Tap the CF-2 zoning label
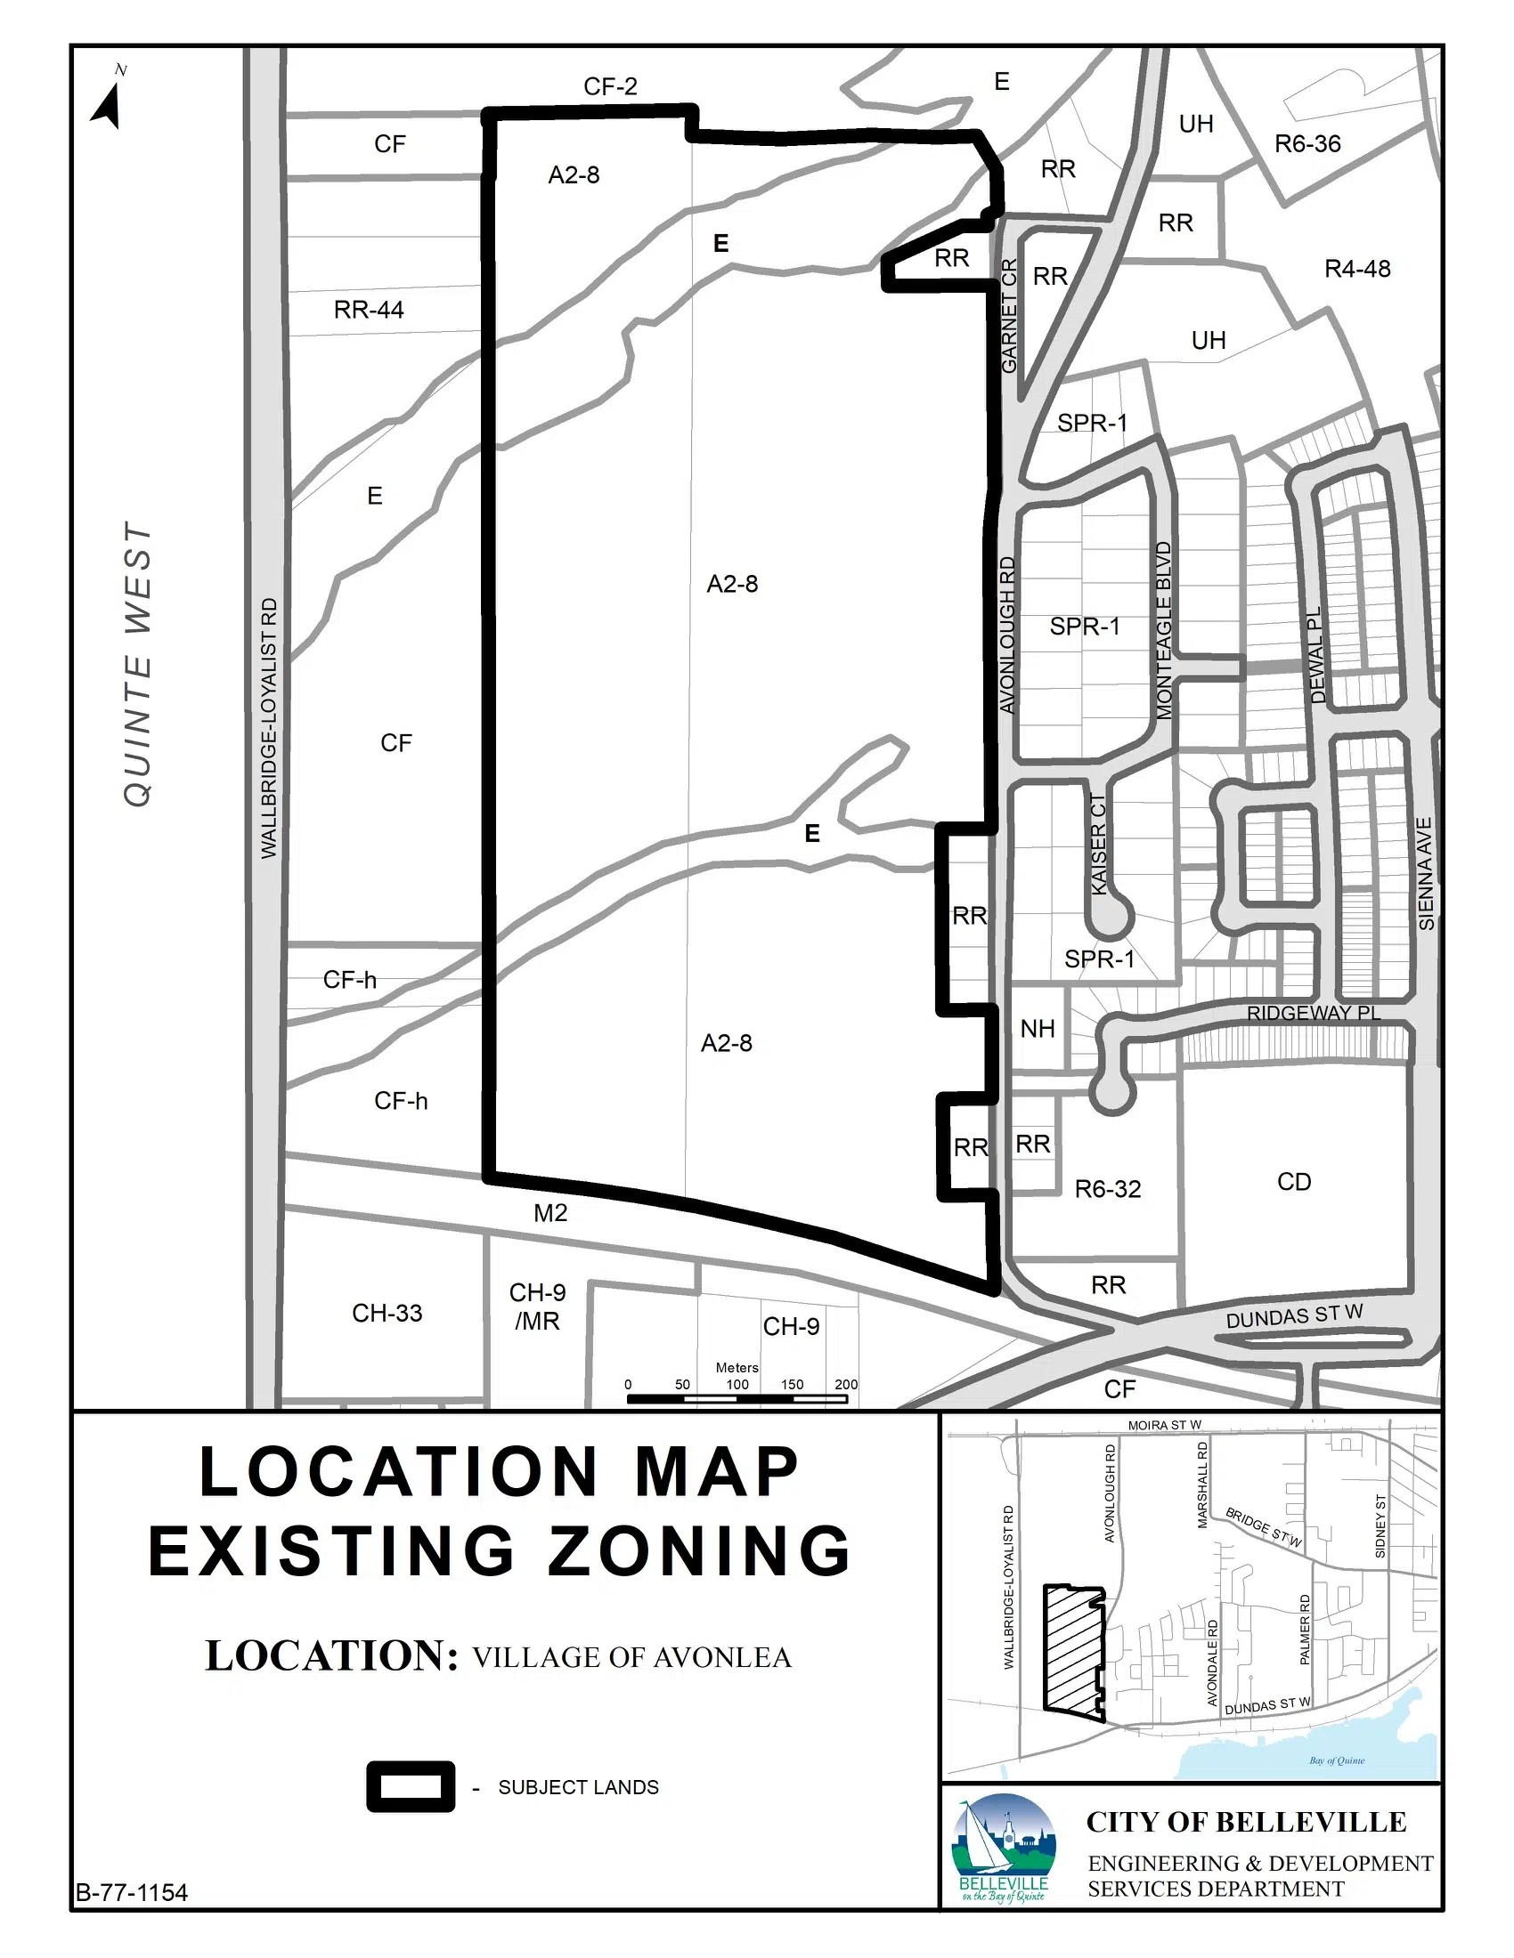[x=610, y=86]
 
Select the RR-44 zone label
[x=369, y=311]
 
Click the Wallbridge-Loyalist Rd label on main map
[x=269, y=728]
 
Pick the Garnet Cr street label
[x=1009, y=317]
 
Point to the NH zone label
[x=1038, y=1028]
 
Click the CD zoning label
[x=1294, y=1182]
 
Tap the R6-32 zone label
[x=1108, y=1189]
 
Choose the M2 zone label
[x=550, y=1213]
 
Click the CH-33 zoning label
[x=387, y=1314]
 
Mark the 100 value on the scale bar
[x=737, y=1384]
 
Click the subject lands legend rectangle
[x=410, y=1787]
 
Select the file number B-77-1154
[x=132, y=1892]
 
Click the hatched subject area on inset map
[x=1071, y=1649]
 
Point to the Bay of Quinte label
[x=1337, y=1760]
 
